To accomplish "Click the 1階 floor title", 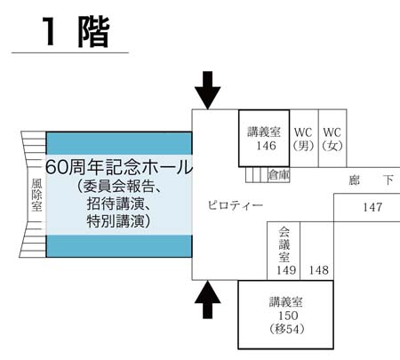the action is coord(76,32).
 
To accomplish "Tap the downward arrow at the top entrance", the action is coord(208,91).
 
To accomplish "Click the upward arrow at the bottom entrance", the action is coord(208,300).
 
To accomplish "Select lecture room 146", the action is coord(264,139).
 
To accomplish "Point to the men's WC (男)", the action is coord(304,139).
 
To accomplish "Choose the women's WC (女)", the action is coord(332,139).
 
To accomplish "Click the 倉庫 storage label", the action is coord(278,175).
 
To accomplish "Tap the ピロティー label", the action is coord(236,205).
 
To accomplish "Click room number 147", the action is coord(372,207).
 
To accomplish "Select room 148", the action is coord(319,270).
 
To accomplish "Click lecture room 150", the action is coord(286,315).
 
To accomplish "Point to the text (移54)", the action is coord(287,329).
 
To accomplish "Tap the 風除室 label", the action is coord(36,195).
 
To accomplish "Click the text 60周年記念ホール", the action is coord(119,167).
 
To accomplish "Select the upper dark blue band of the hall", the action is coord(119,143).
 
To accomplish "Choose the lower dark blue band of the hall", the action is coord(119,246).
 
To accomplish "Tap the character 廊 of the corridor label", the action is coord(354,180).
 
